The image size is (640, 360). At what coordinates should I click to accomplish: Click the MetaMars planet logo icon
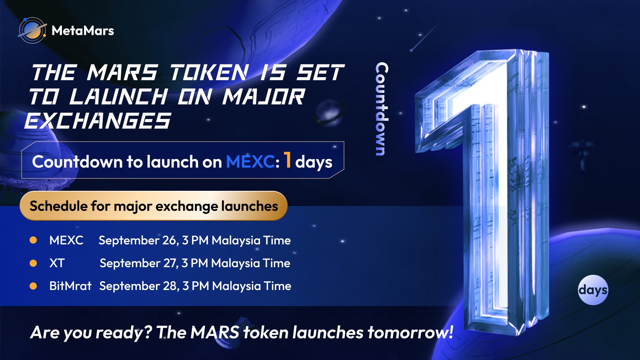(32, 30)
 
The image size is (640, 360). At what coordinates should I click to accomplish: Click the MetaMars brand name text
(83, 30)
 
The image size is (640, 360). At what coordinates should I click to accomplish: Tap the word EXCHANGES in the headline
(98, 120)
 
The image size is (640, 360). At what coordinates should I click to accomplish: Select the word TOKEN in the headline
(209, 72)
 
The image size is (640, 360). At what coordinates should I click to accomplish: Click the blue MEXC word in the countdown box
(250, 162)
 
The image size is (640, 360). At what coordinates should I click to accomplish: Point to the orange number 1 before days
(288, 160)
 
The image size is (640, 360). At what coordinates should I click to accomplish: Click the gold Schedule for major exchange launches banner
(154, 206)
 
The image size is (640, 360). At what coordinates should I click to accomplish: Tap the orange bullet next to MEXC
(33, 240)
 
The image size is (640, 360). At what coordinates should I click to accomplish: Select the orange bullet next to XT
(33, 263)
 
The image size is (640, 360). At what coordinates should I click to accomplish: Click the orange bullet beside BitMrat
(33, 286)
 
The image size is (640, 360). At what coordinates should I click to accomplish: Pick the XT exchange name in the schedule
(57, 263)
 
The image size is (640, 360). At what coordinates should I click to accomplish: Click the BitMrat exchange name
(70, 286)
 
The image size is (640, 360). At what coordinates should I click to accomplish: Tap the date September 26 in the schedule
(138, 240)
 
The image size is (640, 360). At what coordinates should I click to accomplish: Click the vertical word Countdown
(382, 109)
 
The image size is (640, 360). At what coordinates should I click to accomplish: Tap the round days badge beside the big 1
(593, 290)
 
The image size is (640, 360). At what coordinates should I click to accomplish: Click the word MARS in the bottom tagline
(215, 332)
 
